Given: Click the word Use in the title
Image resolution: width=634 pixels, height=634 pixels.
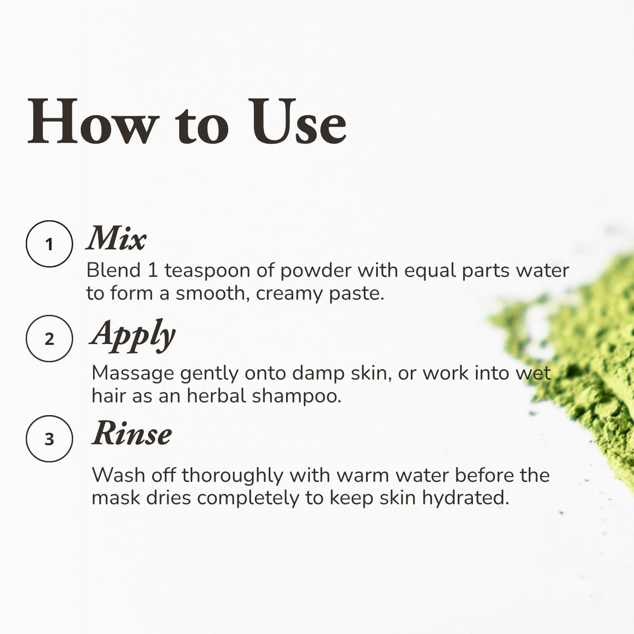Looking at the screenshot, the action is click(x=297, y=121).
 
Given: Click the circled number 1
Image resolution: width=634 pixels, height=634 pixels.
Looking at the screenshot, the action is click(x=49, y=244).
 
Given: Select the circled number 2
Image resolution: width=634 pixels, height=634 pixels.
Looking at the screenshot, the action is click(x=49, y=339).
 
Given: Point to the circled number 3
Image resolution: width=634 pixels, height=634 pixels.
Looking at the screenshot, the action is click(x=49, y=439).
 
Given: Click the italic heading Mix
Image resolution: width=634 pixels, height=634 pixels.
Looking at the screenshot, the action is click(x=116, y=238).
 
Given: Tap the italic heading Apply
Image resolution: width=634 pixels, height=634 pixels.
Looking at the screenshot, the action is click(x=133, y=336).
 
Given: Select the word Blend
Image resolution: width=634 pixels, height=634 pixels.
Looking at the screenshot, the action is click(x=114, y=270).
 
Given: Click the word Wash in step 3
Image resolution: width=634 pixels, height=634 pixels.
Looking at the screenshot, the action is click(x=118, y=475).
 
